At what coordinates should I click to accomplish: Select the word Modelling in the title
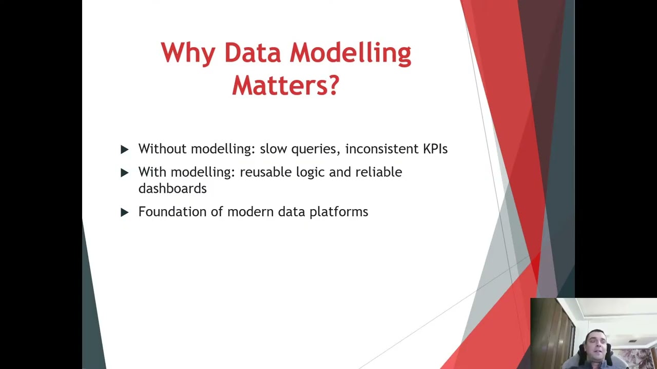point(350,53)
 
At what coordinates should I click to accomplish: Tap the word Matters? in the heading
point(285,85)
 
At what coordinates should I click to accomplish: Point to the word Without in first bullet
point(162,149)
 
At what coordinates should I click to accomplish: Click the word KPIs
point(435,149)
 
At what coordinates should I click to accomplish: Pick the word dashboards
point(172,189)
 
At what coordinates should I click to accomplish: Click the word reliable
point(378,172)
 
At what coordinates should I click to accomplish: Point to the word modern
point(250,212)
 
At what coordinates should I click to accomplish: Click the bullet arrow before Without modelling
point(124,149)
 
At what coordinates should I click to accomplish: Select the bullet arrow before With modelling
point(124,173)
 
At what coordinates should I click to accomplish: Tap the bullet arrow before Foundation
point(124,212)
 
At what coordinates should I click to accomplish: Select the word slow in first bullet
point(274,149)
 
